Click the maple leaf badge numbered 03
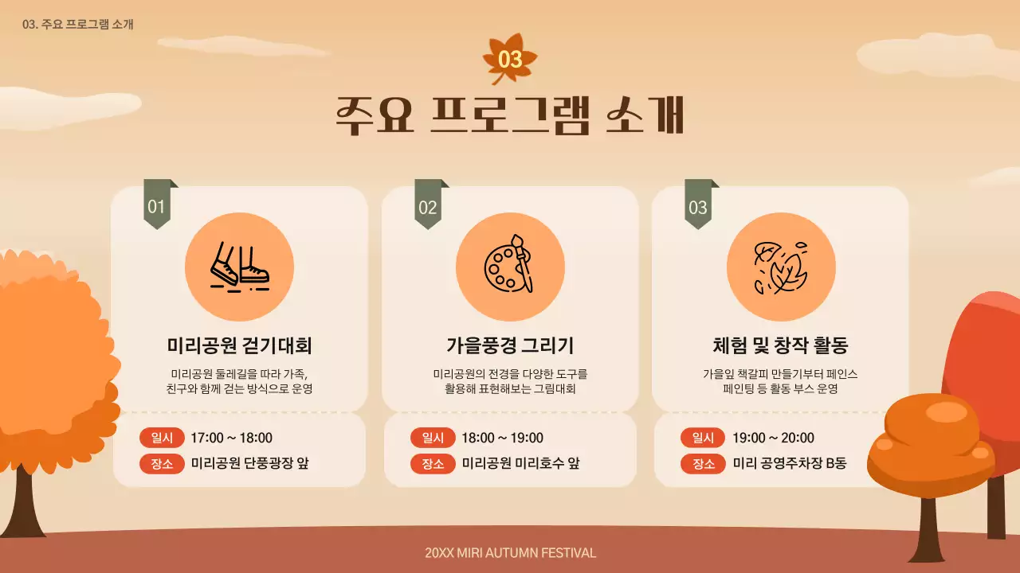pos(510,59)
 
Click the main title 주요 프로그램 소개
pos(510,116)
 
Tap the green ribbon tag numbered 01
pos(157,206)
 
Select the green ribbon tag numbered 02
pos(428,206)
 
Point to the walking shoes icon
pos(239,267)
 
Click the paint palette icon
pos(510,267)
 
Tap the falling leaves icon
pos(781,267)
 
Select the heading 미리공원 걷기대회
pos(239,345)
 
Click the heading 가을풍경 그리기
pos(510,345)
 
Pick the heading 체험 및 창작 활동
pos(780,345)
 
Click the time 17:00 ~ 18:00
pos(231,438)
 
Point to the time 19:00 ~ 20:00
pos(773,438)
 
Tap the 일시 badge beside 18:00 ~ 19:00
pos(433,438)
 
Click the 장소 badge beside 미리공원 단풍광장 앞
pos(162,464)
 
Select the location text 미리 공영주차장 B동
pos(789,464)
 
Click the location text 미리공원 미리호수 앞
pos(520,464)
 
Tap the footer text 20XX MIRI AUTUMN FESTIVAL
pos(510,553)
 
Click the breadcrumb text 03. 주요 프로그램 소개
pos(78,24)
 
